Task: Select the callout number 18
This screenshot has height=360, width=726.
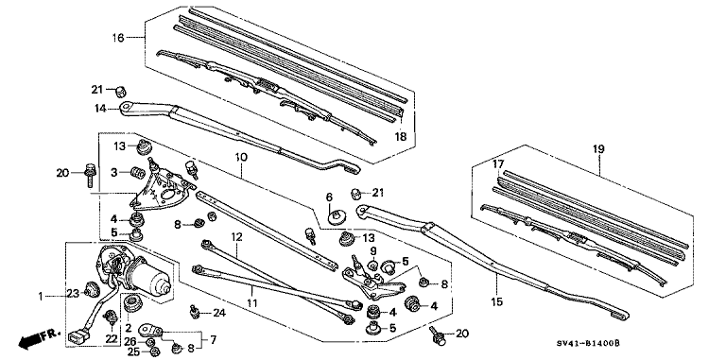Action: click(x=401, y=137)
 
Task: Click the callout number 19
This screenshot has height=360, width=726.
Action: click(x=597, y=149)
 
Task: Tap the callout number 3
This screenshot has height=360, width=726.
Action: click(x=113, y=173)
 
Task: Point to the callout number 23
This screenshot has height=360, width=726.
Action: click(x=71, y=294)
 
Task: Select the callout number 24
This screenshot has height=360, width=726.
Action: click(x=220, y=313)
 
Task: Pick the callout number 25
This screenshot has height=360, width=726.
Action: click(x=132, y=351)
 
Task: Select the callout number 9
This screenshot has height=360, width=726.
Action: click(x=373, y=250)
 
